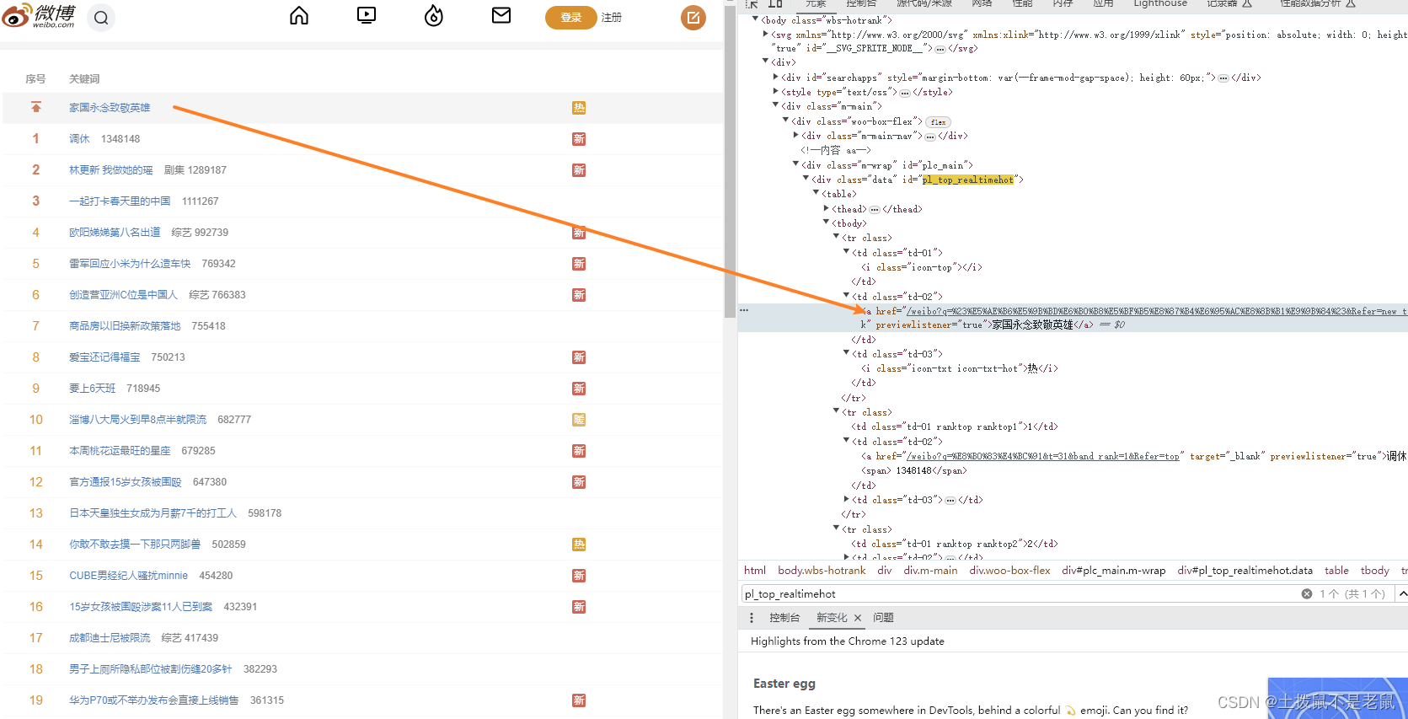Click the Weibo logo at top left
[40, 16]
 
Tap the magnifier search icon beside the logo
[101, 18]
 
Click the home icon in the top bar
[299, 16]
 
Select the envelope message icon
[501, 15]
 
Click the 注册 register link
[612, 18]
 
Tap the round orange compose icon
[693, 17]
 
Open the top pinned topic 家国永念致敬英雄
[110, 108]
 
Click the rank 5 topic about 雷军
[130, 264]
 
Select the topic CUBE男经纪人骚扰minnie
[128, 576]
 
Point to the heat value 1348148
[120, 139]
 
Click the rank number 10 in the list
[35, 420]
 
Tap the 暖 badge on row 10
[579, 420]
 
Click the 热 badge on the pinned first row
[579, 108]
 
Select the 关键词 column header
[84, 79]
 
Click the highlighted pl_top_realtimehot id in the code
[967, 180]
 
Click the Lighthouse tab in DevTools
[1159, 4]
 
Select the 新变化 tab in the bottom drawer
[832, 618]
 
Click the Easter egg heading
[784, 684]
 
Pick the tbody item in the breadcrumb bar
[1374, 571]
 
